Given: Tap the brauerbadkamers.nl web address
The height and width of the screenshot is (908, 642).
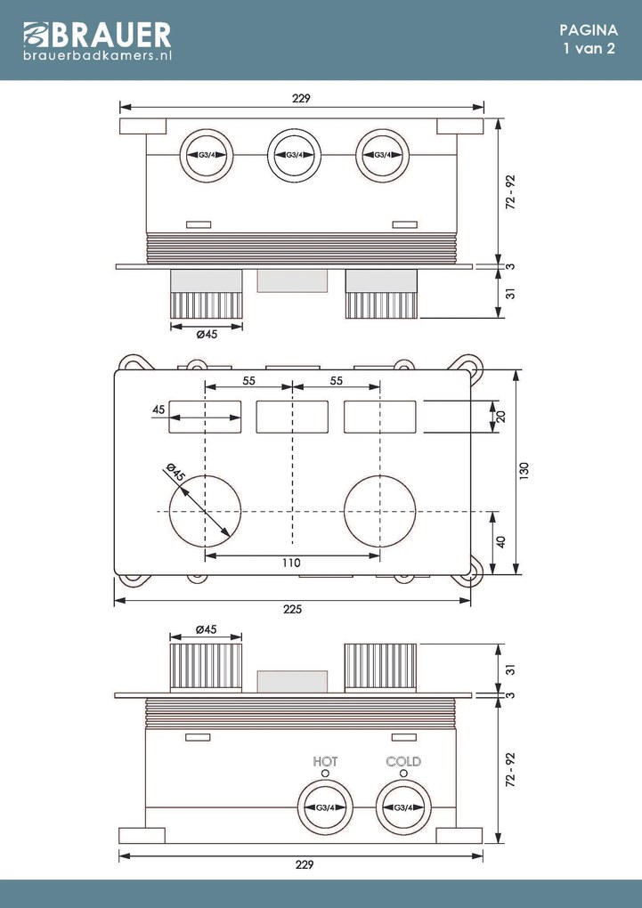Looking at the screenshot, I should click(97, 55).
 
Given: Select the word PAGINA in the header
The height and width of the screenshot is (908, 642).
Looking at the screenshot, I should click(589, 29).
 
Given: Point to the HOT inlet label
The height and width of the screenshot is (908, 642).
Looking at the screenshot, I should click(325, 761).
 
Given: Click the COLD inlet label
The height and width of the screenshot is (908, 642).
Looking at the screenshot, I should click(403, 761).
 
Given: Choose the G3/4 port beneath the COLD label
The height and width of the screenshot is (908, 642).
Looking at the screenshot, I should click(402, 807).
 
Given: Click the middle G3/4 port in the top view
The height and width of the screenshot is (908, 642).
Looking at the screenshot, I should click(293, 155).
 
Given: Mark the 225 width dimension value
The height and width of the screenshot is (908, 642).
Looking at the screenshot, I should click(292, 610).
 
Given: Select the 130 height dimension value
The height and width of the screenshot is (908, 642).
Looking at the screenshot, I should click(524, 468).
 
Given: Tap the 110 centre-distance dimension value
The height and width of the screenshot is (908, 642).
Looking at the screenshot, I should click(292, 563).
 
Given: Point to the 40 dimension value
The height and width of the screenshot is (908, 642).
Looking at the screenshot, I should click(501, 541).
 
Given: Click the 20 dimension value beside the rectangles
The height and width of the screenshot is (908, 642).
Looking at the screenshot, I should click(501, 416).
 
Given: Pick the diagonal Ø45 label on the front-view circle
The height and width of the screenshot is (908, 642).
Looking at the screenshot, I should click(174, 473).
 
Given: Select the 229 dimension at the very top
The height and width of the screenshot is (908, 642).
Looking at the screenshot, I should click(301, 99).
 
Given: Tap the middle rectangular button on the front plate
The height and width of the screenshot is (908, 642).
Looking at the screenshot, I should click(292, 417).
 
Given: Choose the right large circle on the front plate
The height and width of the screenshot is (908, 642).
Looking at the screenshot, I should click(380, 511).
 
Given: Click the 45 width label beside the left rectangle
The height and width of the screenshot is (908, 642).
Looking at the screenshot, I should click(158, 409).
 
